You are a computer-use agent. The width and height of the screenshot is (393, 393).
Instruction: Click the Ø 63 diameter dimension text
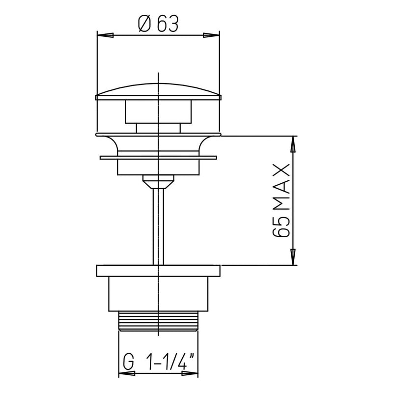(x=157, y=24)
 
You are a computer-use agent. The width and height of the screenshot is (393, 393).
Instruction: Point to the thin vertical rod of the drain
(x=158, y=226)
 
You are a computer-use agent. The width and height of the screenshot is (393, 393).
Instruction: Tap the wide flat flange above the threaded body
(x=158, y=271)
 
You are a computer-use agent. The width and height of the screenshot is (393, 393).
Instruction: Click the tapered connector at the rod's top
(x=158, y=182)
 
